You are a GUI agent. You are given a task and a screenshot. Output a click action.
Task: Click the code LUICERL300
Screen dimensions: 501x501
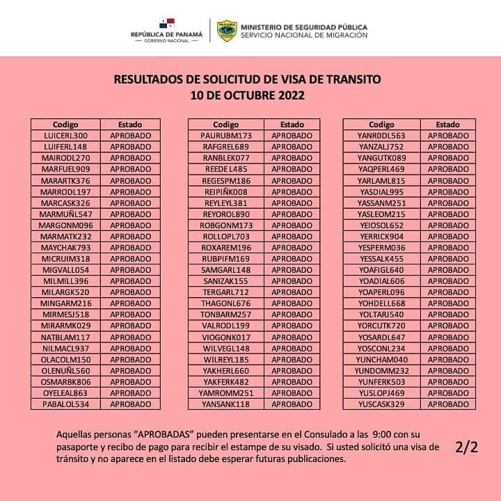point(65,136)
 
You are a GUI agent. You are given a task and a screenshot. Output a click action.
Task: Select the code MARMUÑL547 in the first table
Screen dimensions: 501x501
point(65,214)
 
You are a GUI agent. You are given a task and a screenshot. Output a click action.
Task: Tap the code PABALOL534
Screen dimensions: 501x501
point(65,404)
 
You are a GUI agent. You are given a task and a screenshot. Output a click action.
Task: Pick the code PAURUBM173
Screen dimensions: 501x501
point(225,136)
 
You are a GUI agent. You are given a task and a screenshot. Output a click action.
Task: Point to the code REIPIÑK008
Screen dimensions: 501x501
point(225,191)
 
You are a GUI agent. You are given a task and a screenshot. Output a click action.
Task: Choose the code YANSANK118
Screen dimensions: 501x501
point(225,404)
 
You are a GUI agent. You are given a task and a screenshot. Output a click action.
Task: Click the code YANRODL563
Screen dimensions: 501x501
point(381,136)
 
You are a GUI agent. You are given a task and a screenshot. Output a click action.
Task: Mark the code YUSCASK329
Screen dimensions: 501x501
point(381,404)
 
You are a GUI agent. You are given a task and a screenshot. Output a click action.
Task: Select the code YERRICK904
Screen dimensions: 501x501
point(381,237)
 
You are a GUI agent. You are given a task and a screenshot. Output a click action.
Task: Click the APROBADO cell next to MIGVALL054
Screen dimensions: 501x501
point(130,269)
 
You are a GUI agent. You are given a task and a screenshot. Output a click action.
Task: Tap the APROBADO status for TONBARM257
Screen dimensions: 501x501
point(292,315)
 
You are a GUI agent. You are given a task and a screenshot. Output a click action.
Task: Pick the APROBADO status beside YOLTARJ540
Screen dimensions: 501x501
point(448,315)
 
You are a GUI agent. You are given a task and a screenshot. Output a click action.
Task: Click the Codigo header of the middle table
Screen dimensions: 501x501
point(225,124)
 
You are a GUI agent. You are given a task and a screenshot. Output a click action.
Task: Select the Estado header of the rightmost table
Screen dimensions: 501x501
point(448,124)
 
